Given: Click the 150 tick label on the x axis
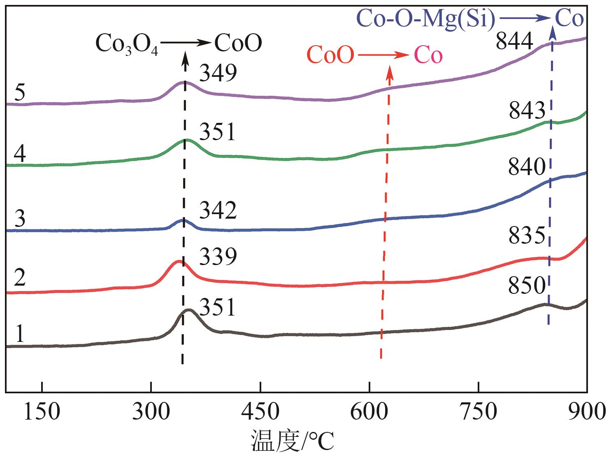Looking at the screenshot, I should pos(42,411).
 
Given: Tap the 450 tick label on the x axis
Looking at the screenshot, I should pos(260,411).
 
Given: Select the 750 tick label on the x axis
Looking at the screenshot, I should pos(479,411).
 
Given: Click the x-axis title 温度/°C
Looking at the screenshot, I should pos(293,441).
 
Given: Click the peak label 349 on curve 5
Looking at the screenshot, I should pos(218,74).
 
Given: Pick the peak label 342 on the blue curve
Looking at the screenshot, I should pos(218,210).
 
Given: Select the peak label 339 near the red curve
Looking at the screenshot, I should pos(218,256).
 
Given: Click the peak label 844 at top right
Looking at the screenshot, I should pos(515,41).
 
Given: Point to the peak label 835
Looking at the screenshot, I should pos(527,236).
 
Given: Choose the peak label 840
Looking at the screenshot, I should pos(527,168).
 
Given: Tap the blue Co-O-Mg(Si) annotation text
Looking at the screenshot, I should pos(426,19).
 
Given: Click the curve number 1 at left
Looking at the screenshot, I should pos(19,334).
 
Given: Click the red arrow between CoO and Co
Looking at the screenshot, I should pos(383,55).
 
